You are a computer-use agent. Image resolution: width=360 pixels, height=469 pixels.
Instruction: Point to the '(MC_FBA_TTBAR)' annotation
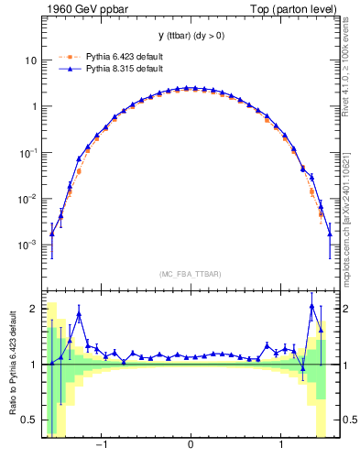pyautogui.click(x=191, y=275)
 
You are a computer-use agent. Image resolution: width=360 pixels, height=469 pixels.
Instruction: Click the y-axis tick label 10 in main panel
pyautogui.click(x=30, y=60)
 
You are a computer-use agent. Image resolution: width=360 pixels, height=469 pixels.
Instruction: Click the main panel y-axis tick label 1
pyautogui.click(x=33, y=106)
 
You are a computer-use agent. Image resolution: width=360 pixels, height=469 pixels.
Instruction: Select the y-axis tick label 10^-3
pyautogui.click(x=28, y=245)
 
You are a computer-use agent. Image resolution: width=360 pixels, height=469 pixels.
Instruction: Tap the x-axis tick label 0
pyautogui.click(x=191, y=447)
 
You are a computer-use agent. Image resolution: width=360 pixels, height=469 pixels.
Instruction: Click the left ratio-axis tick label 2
pyautogui.click(x=34, y=309)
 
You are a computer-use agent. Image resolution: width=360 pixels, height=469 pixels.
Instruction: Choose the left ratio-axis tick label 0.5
pyautogui.click(x=29, y=420)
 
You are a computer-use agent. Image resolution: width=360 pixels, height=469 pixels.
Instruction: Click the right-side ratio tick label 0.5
pyautogui.click(x=348, y=420)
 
